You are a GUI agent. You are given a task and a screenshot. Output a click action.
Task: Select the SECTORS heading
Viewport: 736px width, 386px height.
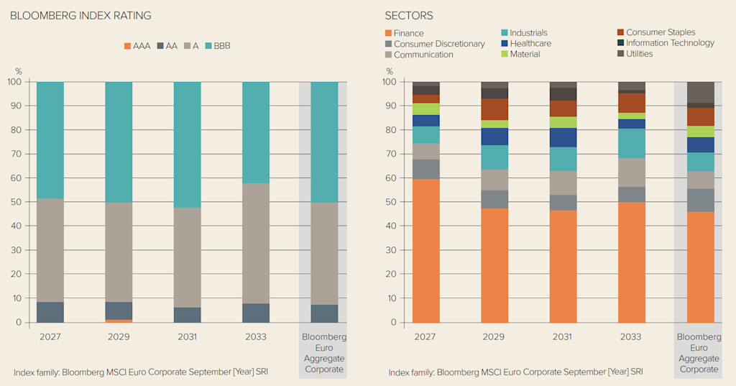click(x=409, y=16)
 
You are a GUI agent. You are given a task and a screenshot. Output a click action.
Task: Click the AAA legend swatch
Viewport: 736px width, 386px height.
click(x=128, y=46)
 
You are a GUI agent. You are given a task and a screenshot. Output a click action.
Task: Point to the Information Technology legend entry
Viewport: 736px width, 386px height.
click(x=665, y=43)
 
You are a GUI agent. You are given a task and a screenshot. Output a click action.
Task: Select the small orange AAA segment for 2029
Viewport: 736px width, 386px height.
click(x=119, y=321)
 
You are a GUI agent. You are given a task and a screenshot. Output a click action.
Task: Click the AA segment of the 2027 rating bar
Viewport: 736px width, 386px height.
click(x=50, y=312)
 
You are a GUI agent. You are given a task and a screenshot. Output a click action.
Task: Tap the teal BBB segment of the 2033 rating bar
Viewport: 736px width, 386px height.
click(x=256, y=132)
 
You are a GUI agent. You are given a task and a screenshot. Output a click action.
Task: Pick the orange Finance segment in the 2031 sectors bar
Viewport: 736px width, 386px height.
click(x=563, y=266)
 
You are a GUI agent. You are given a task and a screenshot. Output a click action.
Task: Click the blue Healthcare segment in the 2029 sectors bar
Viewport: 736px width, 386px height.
click(x=494, y=137)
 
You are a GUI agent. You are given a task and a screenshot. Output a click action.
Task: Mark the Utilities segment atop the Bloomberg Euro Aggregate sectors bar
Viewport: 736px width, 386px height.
click(x=700, y=92)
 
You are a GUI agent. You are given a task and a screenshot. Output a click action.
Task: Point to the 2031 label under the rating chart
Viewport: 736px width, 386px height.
click(x=187, y=337)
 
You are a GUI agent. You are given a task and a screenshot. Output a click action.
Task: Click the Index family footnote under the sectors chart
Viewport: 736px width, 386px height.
click(x=515, y=372)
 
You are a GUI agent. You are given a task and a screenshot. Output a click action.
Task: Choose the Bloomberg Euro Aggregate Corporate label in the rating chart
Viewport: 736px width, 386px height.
click(x=323, y=353)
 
